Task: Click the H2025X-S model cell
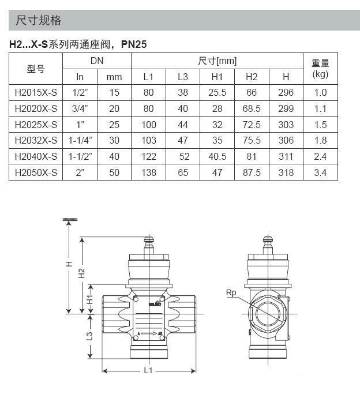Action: [x=36, y=125]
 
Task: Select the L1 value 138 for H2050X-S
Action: [x=149, y=172]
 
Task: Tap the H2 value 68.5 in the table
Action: [x=252, y=108]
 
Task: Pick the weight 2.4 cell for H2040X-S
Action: [x=320, y=156]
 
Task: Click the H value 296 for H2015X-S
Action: [x=286, y=92]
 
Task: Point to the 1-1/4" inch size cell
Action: [x=80, y=140]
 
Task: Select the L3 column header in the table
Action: [x=183, y=77]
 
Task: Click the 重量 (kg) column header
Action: [x=320, y=69]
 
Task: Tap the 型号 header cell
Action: [x=36, y=69]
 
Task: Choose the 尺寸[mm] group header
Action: [x=217, y=61]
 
